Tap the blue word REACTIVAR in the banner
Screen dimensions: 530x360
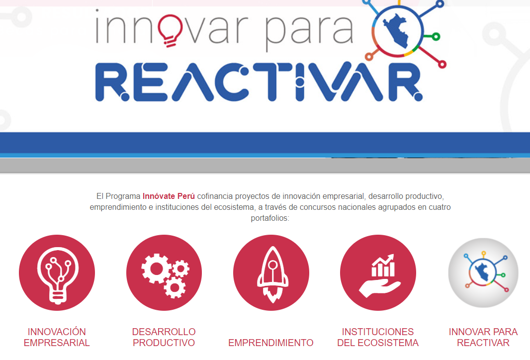(259, 82)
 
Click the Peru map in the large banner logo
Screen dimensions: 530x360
(396, 31)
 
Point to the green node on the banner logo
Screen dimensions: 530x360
(436, 36)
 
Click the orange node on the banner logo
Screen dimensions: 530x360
(369, 57)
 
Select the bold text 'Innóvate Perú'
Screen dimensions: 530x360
(169, 196)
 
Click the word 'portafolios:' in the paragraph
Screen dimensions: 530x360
(270, 218)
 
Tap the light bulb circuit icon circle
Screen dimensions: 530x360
(57, 272)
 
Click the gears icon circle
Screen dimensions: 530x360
(164, 272)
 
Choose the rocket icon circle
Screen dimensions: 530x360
(271, 272)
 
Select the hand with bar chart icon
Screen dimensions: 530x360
(379, 276)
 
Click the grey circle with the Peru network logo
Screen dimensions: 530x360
(483, 272)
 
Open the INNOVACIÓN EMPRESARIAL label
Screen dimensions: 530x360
(57, 337)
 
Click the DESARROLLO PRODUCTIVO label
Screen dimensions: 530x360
(164, 337)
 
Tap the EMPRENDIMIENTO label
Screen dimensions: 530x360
(271, 343)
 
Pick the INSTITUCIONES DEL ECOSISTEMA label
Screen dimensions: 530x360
(378, 337)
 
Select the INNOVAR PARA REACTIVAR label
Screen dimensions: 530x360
(483, 337)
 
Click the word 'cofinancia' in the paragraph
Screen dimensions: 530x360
(215, 196)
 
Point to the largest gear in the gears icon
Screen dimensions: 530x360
(157, 269)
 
